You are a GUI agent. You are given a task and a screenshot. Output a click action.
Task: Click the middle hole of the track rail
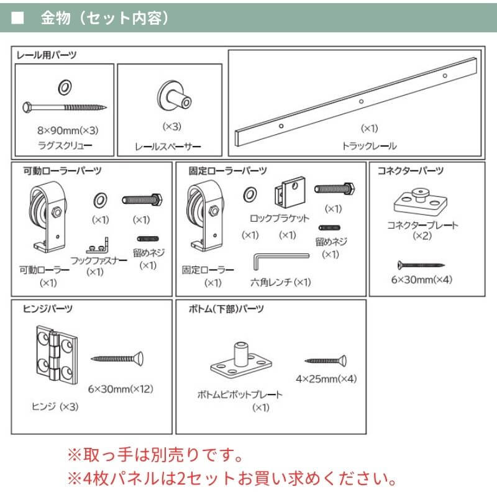click(x=361, y=101)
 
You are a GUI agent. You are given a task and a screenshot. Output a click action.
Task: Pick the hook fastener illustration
click(x=98, y=241)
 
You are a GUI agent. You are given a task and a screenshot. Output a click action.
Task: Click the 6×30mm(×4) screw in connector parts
click(x=421, y=263)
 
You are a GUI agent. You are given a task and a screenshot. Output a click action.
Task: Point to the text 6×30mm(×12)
click(x=121, y=390)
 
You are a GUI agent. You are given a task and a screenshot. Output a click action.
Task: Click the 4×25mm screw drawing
click(x=326, y=360)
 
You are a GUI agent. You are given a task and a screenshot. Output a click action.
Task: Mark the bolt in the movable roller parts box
click(x=142, y=199)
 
